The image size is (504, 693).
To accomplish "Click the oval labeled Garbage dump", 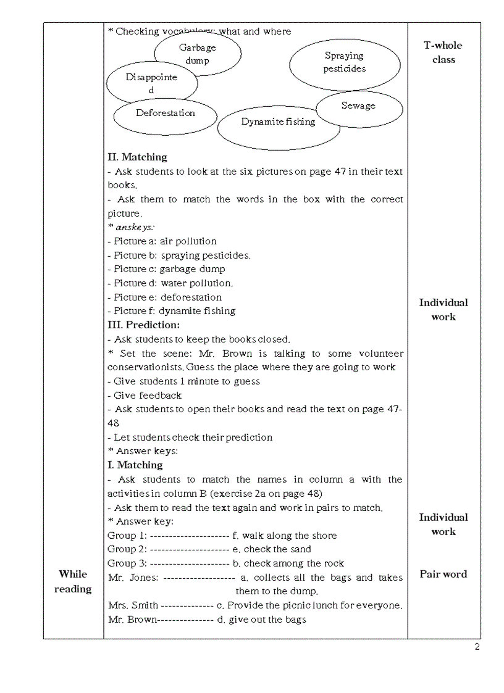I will tap(198, 54).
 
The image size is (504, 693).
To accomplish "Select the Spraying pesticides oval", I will tap(344, 62).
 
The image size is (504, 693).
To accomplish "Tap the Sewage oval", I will tap(358, 106).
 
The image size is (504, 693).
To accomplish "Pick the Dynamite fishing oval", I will tap(278, 122).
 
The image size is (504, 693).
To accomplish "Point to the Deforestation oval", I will tap(165, 114).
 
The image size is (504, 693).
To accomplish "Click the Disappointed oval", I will tap(152, 83).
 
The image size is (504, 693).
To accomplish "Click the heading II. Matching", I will tap(137, 157).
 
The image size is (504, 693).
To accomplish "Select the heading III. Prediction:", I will tap(143, 325).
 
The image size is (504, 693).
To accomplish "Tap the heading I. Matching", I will tap(135, 465).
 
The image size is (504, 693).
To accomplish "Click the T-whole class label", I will tap(443, 52).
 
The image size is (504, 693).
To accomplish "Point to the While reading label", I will tap(73, 581).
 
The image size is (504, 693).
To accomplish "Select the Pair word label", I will tap(443, 575).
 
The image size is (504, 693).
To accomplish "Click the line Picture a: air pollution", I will tap(162, 241).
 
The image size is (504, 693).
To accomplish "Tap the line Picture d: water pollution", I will tap(170, 283).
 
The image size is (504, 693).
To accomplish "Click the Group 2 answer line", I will tap(209, 549).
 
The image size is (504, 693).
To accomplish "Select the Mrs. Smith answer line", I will tap(254, 605).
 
